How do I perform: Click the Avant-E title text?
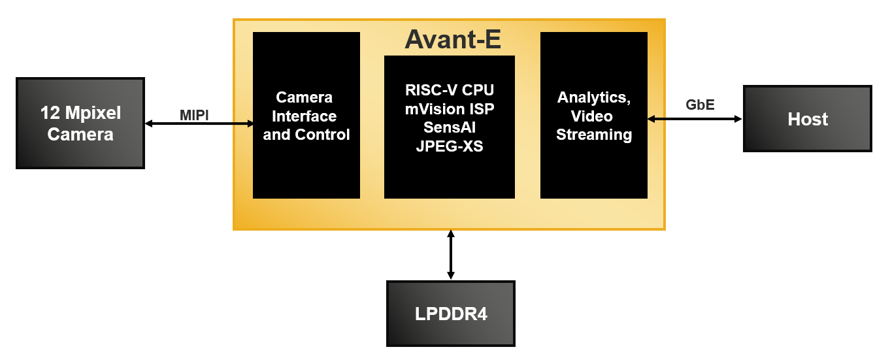(x=453, y=40)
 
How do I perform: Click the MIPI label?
(x=194, y=116)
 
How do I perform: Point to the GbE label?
(x=700, y=104)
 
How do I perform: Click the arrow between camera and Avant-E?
(x=199, y=123)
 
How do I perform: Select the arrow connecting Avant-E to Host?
(x=695, y=119)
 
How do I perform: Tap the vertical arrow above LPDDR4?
(x=450, y=255)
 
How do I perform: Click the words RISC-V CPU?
(x=450, y=90)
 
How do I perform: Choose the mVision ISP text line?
(x=450, y=109)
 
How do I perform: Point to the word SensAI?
(x=450, y=127)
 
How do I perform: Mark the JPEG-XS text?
(x=450, y=146)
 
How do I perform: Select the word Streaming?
(x=594, y=135)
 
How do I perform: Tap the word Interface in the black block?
(x=305, y=116)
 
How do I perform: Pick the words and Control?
(x=306, y=135)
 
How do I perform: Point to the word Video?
(x=592, y=116)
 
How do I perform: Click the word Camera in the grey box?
(x=80, y=135)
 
